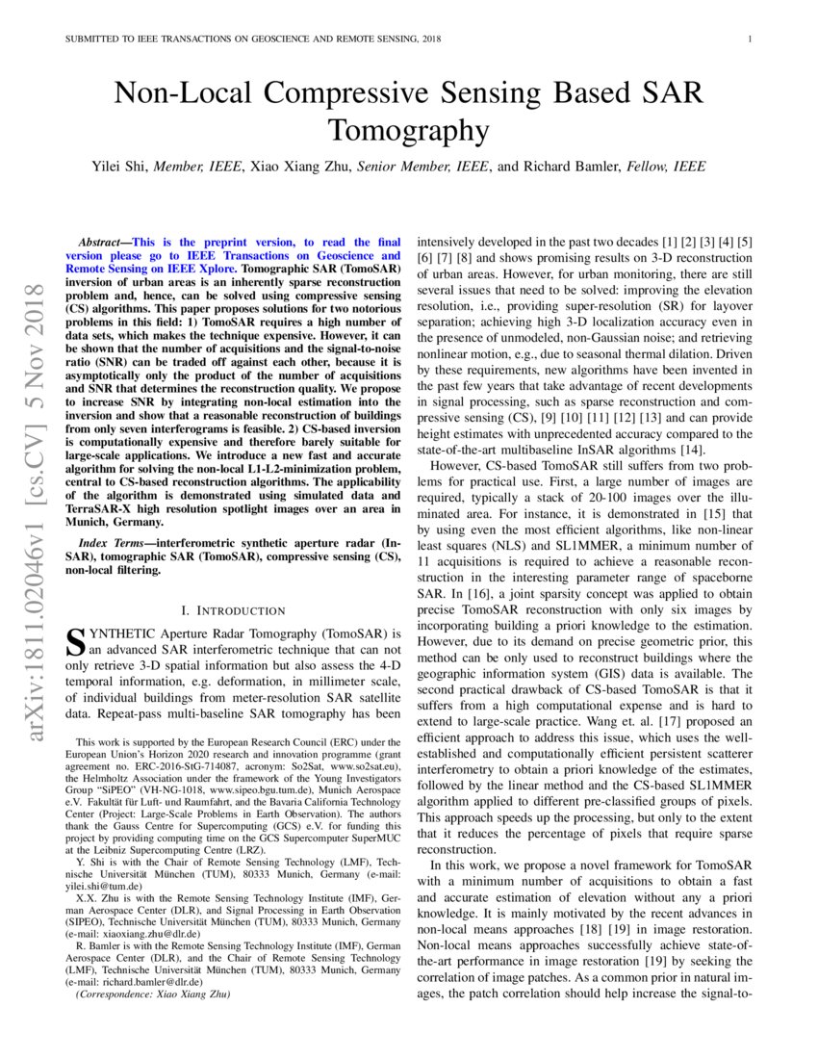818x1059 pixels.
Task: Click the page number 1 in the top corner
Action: click(x=749, y=39)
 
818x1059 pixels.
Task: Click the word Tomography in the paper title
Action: click(x=408, y=130)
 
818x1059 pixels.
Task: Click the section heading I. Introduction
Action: click(x=234, y=610)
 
